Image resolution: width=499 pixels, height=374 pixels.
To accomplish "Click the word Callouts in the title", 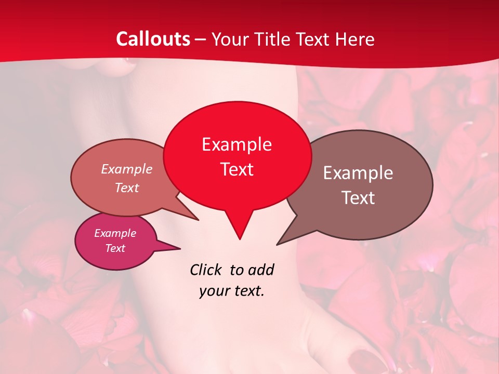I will pyautogui.click(x=153, y=39).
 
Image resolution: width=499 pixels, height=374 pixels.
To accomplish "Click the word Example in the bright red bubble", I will pyautogui.click(x=237, y=144).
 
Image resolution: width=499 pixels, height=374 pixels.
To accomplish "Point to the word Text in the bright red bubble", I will pyautogui.click(x=237, y=169).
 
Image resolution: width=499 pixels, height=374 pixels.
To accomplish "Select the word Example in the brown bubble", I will pyautogui.click(x=358, y=172).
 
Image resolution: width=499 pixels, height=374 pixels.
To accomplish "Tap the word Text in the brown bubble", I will pyautogui.click(x=358, y=197).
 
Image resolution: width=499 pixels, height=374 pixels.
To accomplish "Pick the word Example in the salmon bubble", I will pyautogui.click(x=127, y=169).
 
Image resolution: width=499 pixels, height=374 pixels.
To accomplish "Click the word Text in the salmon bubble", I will pyautogui.click(x=127, y=188).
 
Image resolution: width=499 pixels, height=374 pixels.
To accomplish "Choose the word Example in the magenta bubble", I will pyautogui.click(x=115, y=233).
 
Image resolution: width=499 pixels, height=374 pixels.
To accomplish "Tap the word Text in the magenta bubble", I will pyautogui.click(x=115, y=248).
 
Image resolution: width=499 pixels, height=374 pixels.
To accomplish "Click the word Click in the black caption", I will pyautogui.click(x=207, y=270).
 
